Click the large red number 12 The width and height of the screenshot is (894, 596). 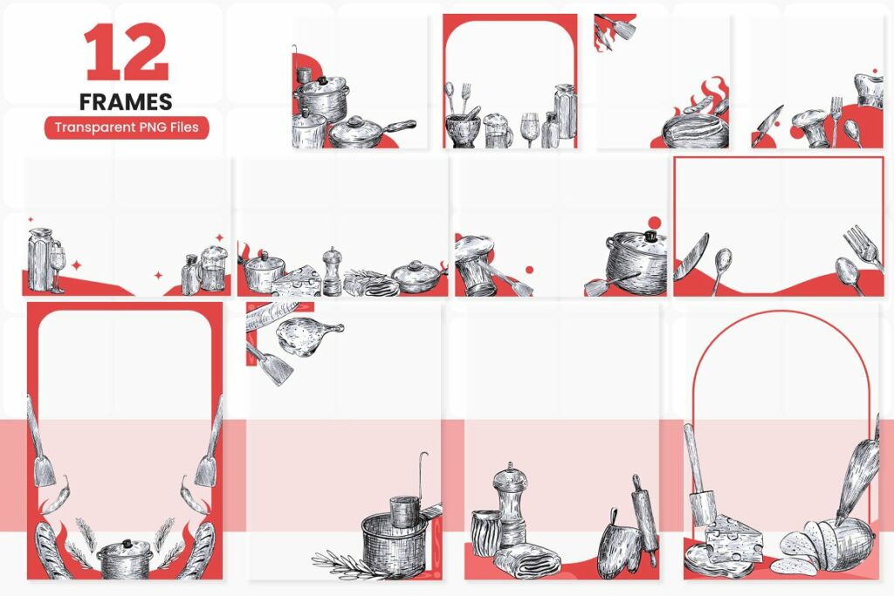[x=126, y=54]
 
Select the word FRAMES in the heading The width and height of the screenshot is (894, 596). [x=127, y=101]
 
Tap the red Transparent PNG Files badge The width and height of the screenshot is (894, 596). [x=127, y=127]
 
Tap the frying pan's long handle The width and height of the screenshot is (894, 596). [x=398, y=124]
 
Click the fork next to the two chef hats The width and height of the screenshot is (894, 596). [x=836, y=119]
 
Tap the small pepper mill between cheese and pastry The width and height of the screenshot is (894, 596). [x=332, y=271]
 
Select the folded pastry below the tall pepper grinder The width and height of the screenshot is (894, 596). [x=526, y=558]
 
